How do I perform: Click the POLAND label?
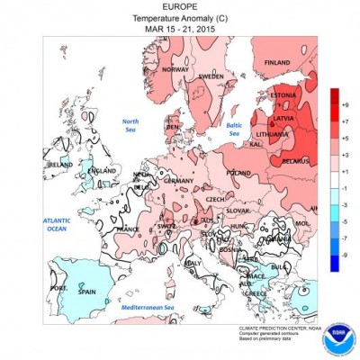[238, 172]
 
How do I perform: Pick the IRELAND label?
[59, 166]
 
